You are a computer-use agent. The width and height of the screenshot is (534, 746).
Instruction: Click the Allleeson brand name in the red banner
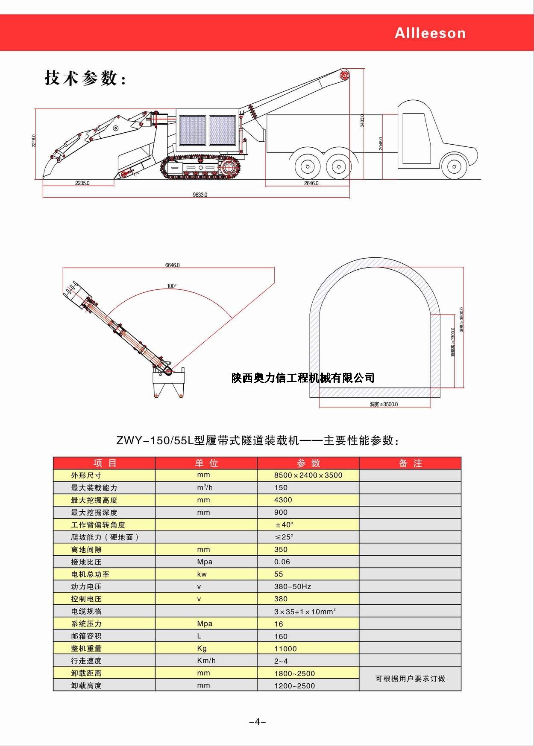click(430, 33)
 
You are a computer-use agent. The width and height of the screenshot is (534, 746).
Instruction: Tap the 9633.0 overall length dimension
click(200, 195)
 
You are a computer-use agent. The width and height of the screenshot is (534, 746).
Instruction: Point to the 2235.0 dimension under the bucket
click(82, 183)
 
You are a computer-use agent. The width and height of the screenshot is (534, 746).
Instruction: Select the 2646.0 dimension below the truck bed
click(311, 184)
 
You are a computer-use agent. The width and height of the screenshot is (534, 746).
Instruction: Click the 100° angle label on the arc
click(172, 286)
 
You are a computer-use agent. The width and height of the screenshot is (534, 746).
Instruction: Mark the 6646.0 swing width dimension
click(173, 265)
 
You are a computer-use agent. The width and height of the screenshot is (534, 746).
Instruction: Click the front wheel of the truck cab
click(454, 167)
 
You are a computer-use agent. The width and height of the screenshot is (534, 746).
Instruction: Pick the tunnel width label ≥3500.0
click(384, 404)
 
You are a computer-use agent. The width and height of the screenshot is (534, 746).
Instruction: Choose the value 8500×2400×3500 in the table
click(308, 475)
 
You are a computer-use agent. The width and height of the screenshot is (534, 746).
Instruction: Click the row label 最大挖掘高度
click(94, 500)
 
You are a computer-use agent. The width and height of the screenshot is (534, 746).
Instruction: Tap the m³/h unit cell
click(205, 487)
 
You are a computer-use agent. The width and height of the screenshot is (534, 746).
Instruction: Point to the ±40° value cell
click(284, 525)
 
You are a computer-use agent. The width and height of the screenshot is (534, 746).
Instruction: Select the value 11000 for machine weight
click(285, 649)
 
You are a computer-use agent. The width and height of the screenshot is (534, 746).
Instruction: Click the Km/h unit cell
click(206, 661)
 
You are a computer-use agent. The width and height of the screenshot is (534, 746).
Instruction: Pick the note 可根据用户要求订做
click(410, 679)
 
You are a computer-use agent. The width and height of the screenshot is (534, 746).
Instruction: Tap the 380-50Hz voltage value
click(293, 587)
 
